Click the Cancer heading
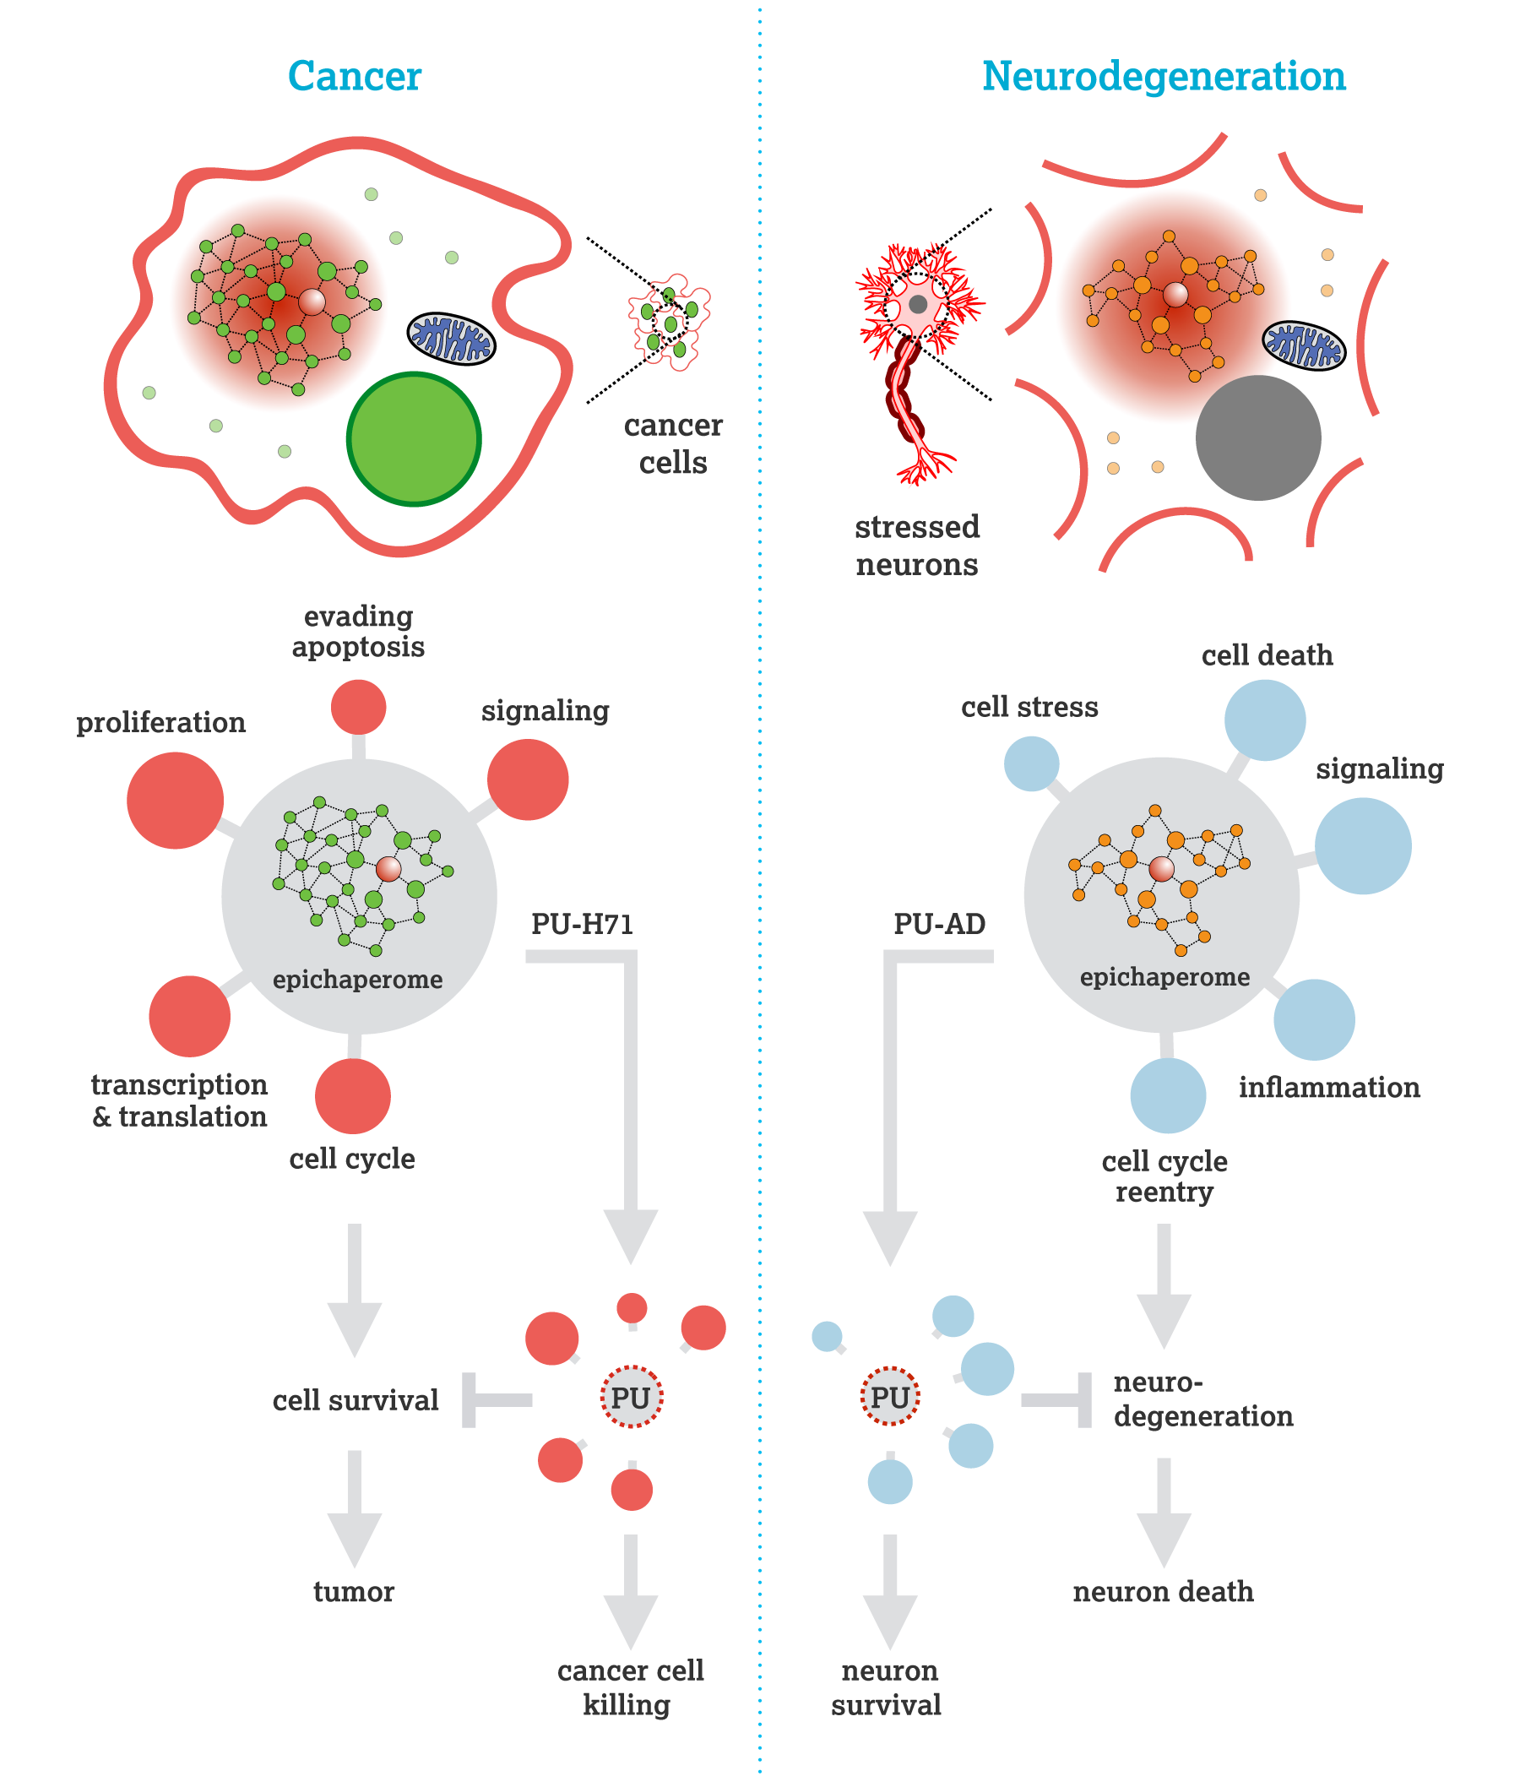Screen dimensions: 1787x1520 (x=354, y=76)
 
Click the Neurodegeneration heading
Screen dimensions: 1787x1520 (x=1164, y=76)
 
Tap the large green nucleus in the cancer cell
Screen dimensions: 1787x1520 (x=414, y=438)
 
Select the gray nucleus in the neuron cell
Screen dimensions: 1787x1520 (x=1258, y=437)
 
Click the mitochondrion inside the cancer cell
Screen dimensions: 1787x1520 (x=452, y=339)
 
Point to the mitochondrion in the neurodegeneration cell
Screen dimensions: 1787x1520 (x=1304, y=345)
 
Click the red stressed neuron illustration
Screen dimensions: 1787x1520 (x=918, y=362)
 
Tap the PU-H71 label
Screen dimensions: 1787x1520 (x=583, y=924)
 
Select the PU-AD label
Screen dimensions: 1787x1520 (x=939, y=924)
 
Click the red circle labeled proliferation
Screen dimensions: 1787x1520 (x=175, y=800)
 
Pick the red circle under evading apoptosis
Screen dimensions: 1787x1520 (x=358, y=707)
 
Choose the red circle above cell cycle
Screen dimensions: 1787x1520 (x=352, y=1096)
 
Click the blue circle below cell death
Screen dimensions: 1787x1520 (x=1265, y=720)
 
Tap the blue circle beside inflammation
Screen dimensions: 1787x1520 (x=1314, y=1019)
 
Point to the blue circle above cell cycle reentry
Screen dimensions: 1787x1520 (x=1168, y=1095)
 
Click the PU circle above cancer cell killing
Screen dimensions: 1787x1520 (x=632, y=1397)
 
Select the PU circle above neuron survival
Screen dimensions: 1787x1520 (x=890, y=1396)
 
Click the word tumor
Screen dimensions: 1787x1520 (x=354, y=1591)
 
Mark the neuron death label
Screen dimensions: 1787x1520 (x=1164, y=1591)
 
